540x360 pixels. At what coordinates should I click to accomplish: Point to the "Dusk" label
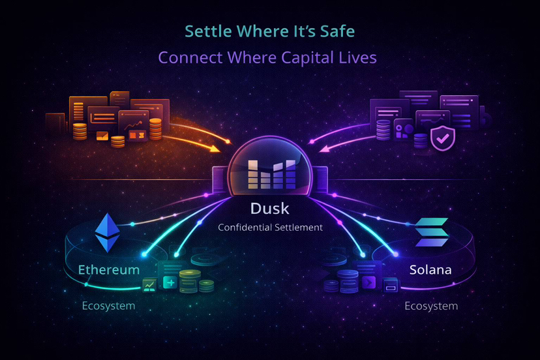coord(270,209)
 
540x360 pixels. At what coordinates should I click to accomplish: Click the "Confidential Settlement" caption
coord(270,227)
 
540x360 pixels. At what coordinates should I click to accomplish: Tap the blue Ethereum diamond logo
coord(109,232)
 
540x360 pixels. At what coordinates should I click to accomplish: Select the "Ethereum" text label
coord(109,269)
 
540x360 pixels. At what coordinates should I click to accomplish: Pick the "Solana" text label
coord(430,269)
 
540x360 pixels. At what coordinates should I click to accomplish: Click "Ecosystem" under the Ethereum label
coord(108,306)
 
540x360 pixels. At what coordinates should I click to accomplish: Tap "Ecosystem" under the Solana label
coord(430,306)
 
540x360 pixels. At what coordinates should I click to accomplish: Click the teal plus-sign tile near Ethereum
coord(170,282)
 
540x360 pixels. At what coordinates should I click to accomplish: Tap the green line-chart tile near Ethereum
coord(149,284)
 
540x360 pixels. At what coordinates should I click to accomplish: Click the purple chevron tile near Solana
coord(369,282)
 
